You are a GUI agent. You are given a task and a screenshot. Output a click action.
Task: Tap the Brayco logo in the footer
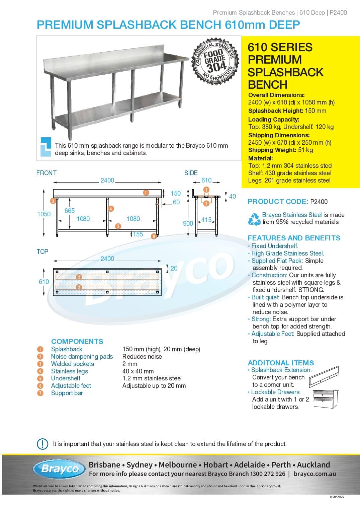[60, 468]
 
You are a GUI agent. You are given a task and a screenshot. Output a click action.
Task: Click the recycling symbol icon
[254, 219]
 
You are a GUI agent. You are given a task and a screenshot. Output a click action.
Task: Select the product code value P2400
[319, 202]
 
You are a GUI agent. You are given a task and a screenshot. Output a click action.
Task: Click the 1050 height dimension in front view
[44, 214]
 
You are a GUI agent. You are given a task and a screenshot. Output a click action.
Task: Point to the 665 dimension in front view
[70, 211]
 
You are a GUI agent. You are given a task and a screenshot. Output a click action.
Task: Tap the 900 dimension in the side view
[188, 223]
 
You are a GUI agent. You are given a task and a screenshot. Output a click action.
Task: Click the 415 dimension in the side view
[206, 220]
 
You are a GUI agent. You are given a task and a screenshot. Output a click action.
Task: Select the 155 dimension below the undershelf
[138, 234]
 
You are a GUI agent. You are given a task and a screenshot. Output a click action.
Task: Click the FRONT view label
[47, 173]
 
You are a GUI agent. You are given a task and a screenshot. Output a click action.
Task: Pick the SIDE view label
[191, 173]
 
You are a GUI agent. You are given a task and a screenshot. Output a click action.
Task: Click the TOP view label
[42, 251]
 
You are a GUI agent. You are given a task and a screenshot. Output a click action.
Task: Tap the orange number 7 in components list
[40, 393]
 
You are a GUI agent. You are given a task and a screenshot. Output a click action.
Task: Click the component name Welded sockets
[73, 364]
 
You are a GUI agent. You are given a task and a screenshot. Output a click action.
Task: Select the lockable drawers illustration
[326, 399]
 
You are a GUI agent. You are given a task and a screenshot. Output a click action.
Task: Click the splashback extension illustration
[324, 376]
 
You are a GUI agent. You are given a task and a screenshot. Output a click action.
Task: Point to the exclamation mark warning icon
[42, 444]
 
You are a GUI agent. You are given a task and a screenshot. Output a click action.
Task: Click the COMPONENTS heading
[77, 341]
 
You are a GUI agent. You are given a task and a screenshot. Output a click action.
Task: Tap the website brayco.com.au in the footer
[314, 474]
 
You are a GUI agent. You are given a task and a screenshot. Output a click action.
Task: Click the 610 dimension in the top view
[44, 282]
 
